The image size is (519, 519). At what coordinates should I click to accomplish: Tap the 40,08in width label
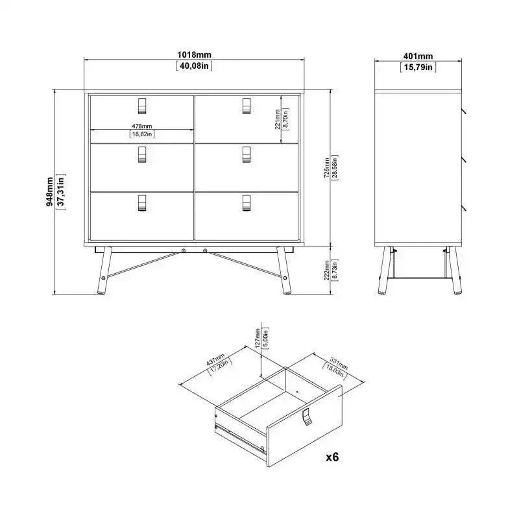click(x=194, y=66)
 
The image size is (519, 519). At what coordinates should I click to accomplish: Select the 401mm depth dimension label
click(x=417, y=56)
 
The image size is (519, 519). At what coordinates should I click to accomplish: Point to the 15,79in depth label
click(x=417, y=66)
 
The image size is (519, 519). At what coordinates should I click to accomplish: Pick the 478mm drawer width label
click(x=142, y=126)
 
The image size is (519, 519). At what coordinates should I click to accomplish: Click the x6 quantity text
click(x=332, y=457)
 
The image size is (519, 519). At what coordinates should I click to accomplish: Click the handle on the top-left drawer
click(x=142, y=104)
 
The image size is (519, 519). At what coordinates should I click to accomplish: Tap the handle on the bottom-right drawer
click(x=246, y=203)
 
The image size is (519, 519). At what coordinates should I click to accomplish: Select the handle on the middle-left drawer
click(x=142, y=154)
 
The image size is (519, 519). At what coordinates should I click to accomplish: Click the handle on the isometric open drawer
click(x=306, y=418)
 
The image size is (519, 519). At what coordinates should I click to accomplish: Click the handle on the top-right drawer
click(x=246, y=104)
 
